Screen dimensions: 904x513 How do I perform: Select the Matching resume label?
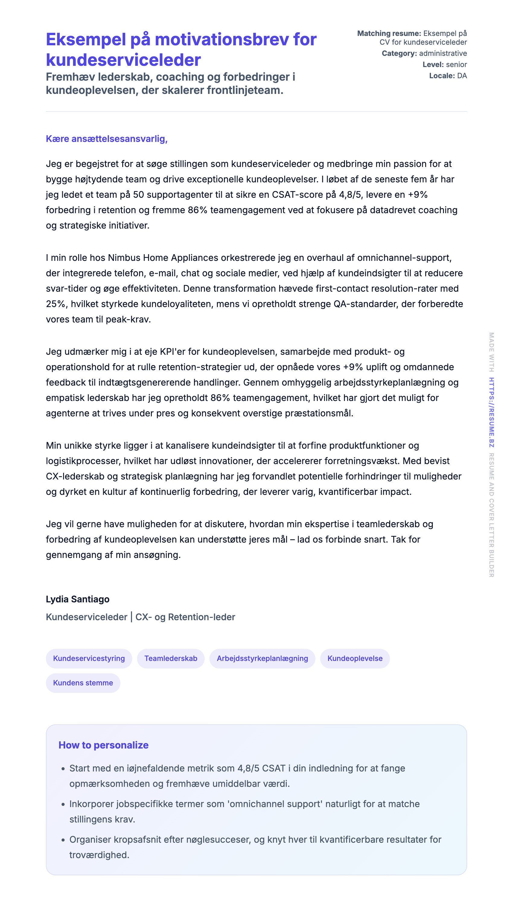[389, 34]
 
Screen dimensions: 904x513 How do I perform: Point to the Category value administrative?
[443, 53]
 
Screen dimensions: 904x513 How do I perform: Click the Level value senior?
[456, 65]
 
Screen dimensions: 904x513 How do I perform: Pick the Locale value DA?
[462, 76]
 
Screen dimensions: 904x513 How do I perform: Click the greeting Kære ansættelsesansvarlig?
[107, 139]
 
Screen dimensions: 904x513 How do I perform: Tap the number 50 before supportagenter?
[139, 194]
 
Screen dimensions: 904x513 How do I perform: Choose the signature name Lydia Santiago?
[78, 599]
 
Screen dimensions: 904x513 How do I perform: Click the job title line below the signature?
[140, 617]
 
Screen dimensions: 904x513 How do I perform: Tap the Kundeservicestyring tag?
[89, 658]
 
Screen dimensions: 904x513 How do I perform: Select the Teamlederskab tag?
[171, 658]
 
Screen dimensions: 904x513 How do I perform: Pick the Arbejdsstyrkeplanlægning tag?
[262, 658]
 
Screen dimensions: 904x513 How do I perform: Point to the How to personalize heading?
[103, 745]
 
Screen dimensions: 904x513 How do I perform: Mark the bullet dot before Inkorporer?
[63, 804]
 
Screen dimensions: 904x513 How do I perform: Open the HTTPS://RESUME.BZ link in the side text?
[491, 412]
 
